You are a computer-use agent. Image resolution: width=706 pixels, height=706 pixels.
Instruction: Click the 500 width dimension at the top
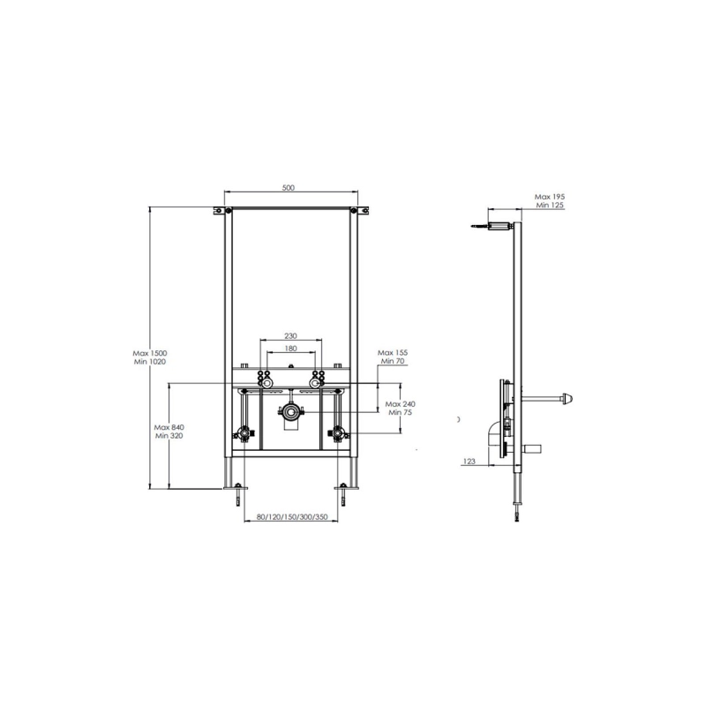[x=289, y=188]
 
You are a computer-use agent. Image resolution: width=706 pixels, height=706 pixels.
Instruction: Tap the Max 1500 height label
[x=150, y=354]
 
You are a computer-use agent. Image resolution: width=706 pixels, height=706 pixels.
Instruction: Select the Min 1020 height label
[x=150, y=362]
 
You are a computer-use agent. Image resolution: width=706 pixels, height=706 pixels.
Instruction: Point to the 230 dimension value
[x=291, y=336]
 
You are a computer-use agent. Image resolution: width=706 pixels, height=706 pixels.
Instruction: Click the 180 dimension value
[x=291, y=349]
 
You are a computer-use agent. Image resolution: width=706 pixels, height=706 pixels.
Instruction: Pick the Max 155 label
[x=393, y=353]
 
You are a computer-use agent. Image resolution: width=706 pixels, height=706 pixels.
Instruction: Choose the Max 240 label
[x=401, y=404]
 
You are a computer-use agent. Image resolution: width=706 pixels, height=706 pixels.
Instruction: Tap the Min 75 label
[x=401, y=412]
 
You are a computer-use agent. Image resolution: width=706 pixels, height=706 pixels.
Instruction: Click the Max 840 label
[x=169, y=427]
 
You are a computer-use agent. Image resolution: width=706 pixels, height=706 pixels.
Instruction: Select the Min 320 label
[x=169, y=436]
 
